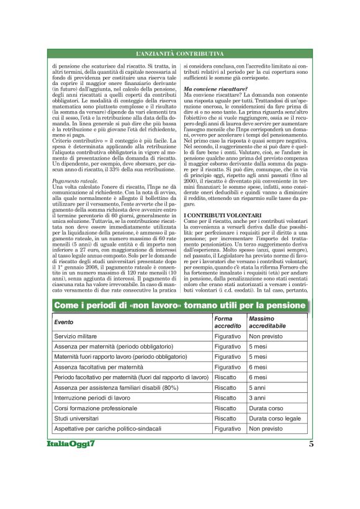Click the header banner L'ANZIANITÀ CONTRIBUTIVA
pos(180,55)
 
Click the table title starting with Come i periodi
pos(180,305)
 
